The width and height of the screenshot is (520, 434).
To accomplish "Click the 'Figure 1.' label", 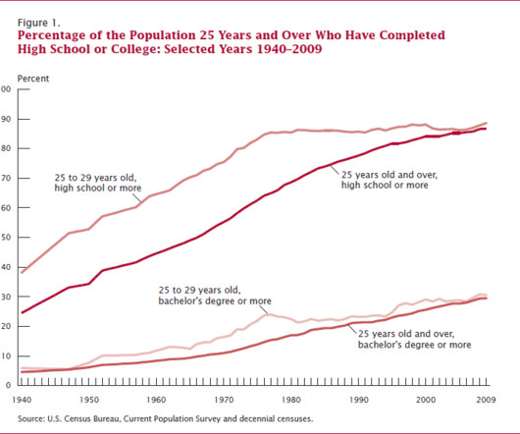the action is tap(39, 23).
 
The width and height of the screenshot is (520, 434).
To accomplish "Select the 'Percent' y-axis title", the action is tap(33, 79).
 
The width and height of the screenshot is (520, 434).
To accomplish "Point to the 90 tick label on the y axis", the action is tap(6, 119).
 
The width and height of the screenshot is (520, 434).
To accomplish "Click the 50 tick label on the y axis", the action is tap(6, 238).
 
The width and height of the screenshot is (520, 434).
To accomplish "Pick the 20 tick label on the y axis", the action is tap(6, 326).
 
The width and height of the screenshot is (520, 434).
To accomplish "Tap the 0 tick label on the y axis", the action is tap(8, 385).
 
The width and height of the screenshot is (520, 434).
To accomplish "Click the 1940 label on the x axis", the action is tap(22, 400).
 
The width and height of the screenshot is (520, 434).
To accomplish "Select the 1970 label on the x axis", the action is tap(224, 400).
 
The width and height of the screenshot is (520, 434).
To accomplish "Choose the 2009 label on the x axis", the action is tap(487, 400).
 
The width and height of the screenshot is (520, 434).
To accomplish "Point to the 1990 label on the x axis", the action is tap(358, 400).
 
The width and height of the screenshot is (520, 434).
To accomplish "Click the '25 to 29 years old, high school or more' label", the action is tap(98, 183).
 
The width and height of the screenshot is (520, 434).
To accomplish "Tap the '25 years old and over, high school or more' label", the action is tap(390, 180).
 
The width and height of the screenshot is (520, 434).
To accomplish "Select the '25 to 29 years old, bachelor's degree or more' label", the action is tap(215, 296).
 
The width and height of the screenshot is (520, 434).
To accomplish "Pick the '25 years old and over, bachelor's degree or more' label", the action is tap(415, 339).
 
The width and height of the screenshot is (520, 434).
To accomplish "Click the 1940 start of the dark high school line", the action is tap(23, 312).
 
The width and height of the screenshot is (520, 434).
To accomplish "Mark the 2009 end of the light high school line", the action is tap(487, 123).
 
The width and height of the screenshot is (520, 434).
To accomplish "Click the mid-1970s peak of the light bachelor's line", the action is tap(267, 314).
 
